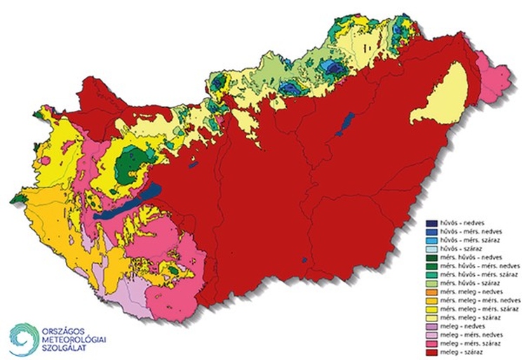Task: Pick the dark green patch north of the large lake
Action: [x=130, y=164]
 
